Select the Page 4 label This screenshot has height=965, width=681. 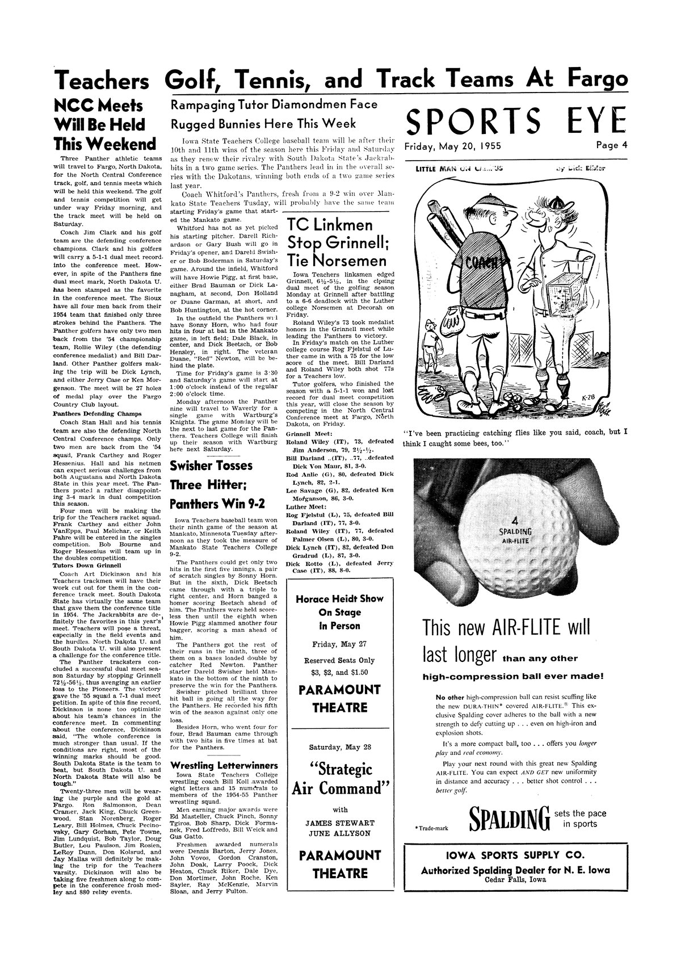(x=612, y=145)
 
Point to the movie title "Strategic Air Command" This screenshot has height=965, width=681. (x=340, y=779)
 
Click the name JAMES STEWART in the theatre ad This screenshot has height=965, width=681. (x=340, y=823)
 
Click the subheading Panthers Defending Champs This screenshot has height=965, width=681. (x=93, y=413)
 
